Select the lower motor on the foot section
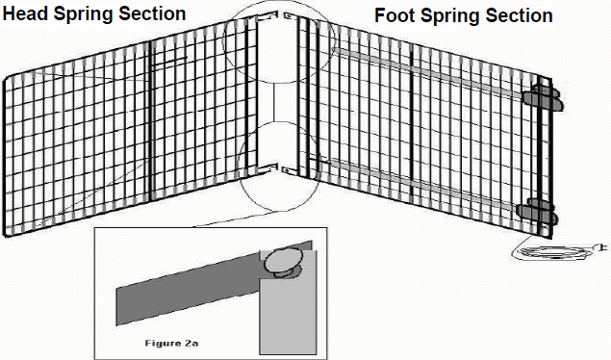(x=534, y=210)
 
